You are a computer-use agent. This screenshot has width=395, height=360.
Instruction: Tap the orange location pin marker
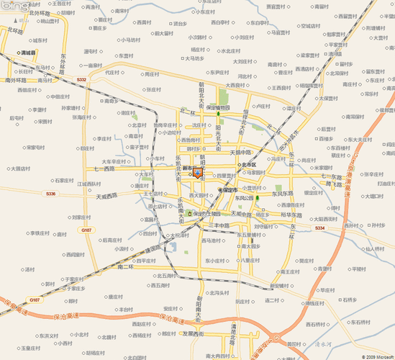click(x=198, y=174)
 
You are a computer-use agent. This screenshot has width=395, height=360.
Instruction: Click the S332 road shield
click(x=81, y=80)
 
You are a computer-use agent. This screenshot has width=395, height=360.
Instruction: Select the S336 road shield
click(x=50, y=194)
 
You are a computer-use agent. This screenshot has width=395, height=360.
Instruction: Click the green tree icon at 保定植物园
click(x=218, y=114)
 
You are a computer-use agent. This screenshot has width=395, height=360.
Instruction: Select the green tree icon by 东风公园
click(x=257, y=197)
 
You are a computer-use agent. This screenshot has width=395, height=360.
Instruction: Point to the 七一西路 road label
click(x=104, y=169)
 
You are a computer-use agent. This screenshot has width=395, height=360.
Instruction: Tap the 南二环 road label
click(x=125, y=267)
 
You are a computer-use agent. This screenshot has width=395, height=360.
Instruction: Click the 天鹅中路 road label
click(x=241, y=153)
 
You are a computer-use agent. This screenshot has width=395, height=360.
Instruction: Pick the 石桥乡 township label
click(x=348, y=300)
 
